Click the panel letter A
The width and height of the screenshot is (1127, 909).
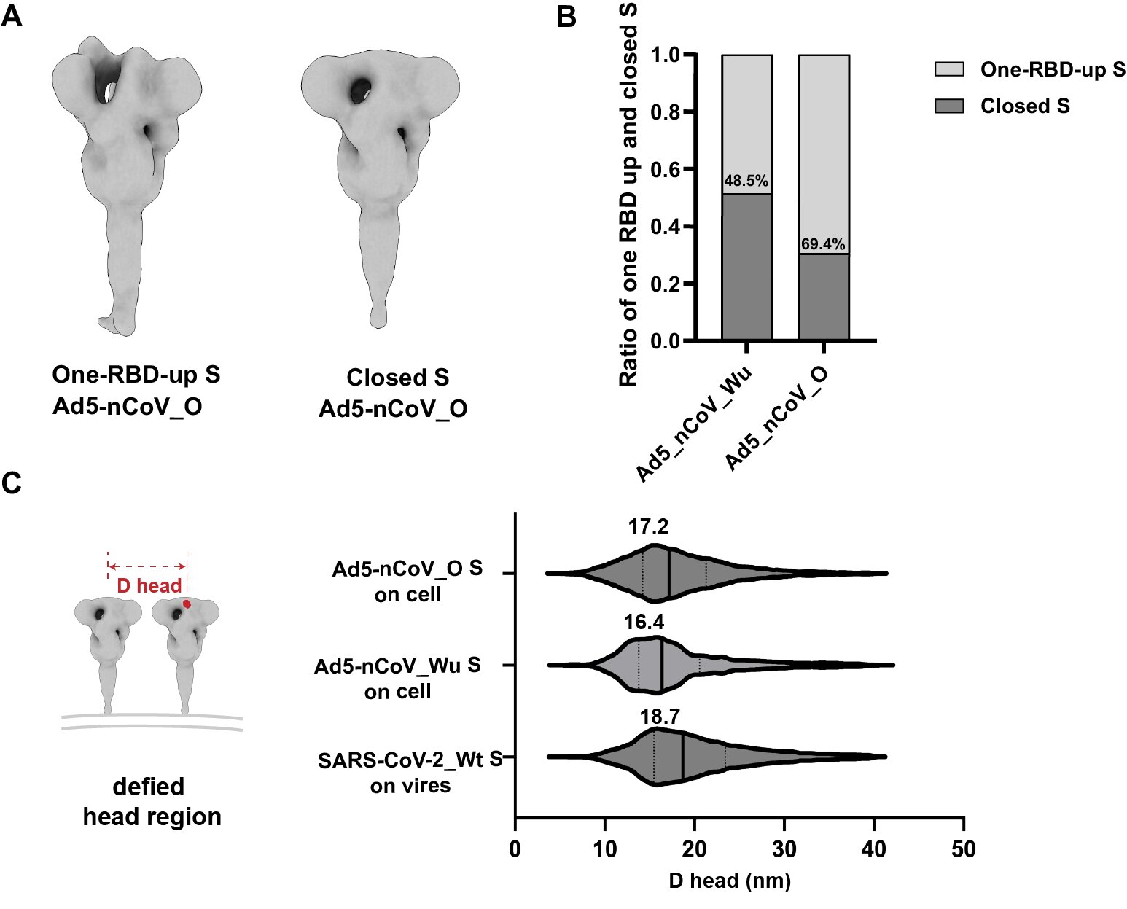click(12, 15)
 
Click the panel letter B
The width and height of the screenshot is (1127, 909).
click(566, 16)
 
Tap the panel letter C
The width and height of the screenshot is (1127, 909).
click(12, 483)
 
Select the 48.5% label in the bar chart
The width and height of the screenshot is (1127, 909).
click(746, 181)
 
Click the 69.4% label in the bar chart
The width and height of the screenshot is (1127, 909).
click(823, 244)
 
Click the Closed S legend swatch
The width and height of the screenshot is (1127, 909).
click(949, 106)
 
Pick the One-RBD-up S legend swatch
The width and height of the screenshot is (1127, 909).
click(949, 69)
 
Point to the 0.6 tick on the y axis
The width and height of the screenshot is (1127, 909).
click(665, 169)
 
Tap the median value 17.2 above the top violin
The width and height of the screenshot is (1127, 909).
click(648, 526)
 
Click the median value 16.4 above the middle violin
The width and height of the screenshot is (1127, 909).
click(644, 622)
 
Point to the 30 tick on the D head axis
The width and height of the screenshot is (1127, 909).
click(784, 849)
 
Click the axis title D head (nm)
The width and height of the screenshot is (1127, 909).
click(730, 881)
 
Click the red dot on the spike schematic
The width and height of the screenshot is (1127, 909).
click(187, 604)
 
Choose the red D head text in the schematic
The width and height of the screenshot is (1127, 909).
click(149, 586)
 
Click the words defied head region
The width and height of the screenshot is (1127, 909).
click(152, 802)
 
